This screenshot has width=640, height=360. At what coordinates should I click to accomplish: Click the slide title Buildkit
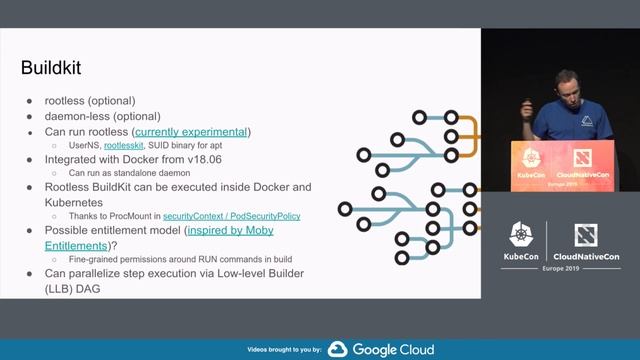pos(51,68)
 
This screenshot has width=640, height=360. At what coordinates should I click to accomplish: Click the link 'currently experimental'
pos(192,132)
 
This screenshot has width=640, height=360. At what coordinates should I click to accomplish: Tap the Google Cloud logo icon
pos(337,349)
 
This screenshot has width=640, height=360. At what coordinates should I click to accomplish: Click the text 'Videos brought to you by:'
pos(283,350)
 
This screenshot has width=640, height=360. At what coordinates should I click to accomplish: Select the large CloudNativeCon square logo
pos(587,237)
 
